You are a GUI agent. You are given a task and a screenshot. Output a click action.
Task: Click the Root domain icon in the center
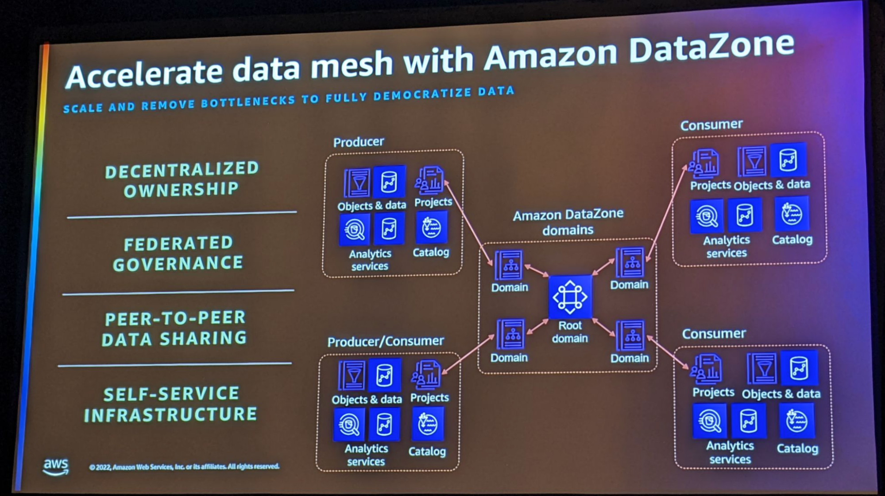pyautogui.click(x=570, y=297)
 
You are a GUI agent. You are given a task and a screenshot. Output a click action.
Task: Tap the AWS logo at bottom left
pyautogui.click(x=56, y=466)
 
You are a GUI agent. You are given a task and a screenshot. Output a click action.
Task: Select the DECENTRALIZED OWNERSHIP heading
pyautogui.click(x=182, y=180)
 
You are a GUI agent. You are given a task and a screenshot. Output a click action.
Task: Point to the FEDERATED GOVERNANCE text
pyautogui.click(x=178, y=253)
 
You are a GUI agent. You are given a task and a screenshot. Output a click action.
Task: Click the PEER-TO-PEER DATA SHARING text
pyautogui.click(x=174, y=328)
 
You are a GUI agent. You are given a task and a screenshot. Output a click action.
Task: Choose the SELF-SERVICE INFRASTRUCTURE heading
pyautogui.click(x=171, y=404)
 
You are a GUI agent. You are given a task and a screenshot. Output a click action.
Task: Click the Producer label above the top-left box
pyautogui.click(x=358, y=142)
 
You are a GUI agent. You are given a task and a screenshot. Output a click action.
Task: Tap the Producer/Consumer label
pyautogui.click(x=385, y=341)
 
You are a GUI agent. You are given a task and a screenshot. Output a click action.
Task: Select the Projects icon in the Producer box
pyautogui.click(x=429, y=181)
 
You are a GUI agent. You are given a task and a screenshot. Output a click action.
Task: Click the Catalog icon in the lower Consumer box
pyautogui.click(x=796, y=422)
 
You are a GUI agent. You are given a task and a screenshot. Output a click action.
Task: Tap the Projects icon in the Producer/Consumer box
pyautogui.click(x=426, y=375)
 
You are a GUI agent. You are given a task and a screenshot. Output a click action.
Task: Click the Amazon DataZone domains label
pyautogui.click(x=568, y=222)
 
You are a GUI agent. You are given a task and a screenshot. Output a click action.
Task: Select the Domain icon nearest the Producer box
pyautogui.click(x=509, y=266)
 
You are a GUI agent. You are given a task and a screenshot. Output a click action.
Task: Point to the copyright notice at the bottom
pyautogui.click(x=184, y=467)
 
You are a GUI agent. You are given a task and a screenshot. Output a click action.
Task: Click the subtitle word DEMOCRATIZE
pyautogui.click(x=422, y=95)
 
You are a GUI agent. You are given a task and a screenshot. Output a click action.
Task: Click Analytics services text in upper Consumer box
pyautogui.click(x=726, y=246)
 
